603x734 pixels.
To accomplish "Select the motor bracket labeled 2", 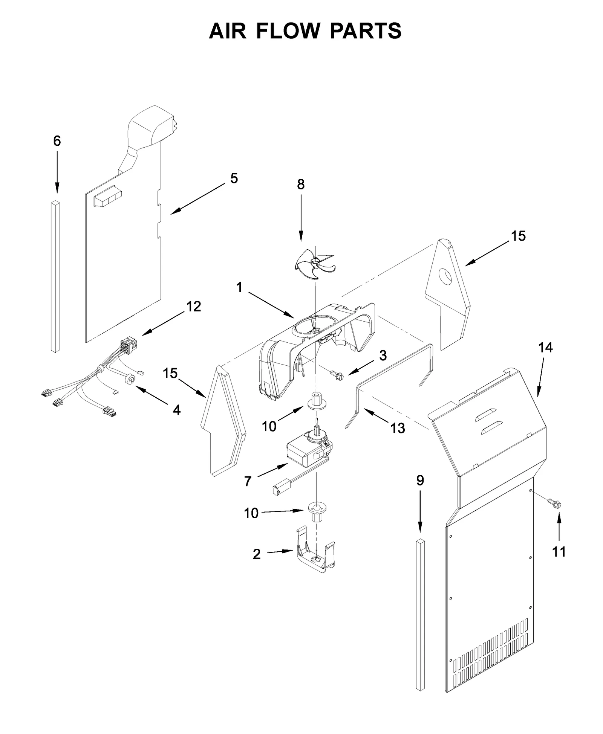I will click(316, 557).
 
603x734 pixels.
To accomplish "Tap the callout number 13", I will click(398, 428).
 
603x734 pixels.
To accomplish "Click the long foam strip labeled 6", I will click(55, 277).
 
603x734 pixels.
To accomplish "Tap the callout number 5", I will click(234, 178).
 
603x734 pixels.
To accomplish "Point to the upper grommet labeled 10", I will click(317, 401).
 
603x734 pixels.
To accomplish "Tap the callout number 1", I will click(239, 287).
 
